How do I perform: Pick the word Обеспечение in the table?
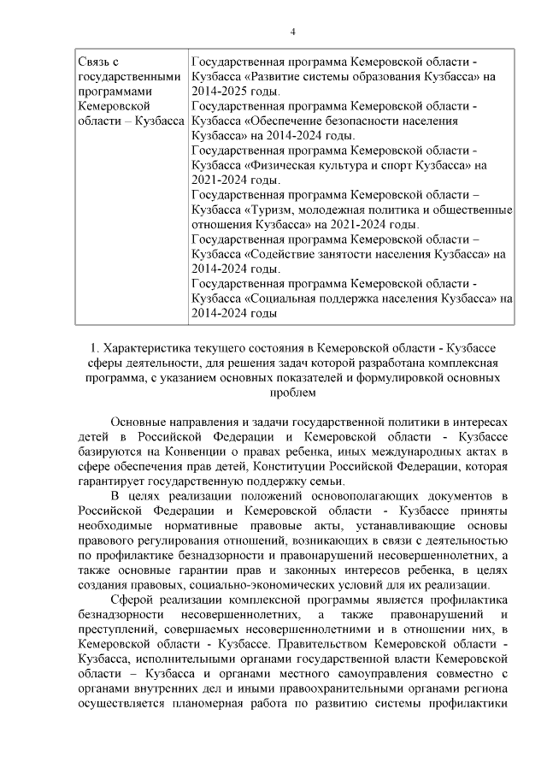coord(286,121)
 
